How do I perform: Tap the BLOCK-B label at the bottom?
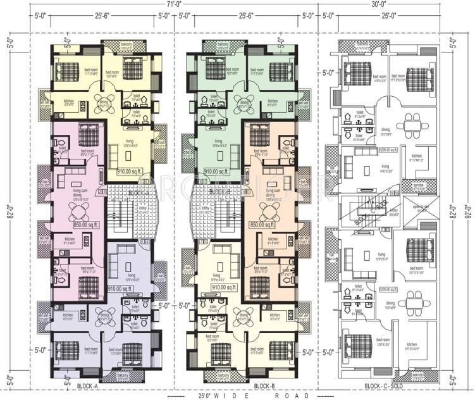tap(263, 384)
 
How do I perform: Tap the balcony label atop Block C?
tap(364, 46)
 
